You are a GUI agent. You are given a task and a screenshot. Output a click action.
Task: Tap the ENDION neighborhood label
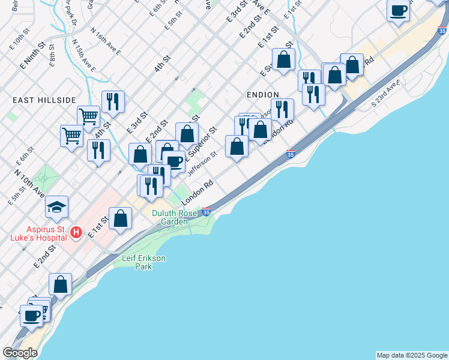[263, 95]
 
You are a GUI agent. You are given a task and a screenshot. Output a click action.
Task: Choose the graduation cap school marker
[58, 208]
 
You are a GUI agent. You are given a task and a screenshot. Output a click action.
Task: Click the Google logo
[20, 353]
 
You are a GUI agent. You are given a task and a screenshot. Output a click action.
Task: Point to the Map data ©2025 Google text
[412, 355]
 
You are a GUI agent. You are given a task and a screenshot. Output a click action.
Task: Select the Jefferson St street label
[202, 164]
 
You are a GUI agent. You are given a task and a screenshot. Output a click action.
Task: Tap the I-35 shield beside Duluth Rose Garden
[206, 212]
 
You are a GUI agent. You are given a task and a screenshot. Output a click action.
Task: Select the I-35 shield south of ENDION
[291, 154]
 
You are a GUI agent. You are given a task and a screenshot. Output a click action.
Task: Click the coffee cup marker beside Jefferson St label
[174, 161]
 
